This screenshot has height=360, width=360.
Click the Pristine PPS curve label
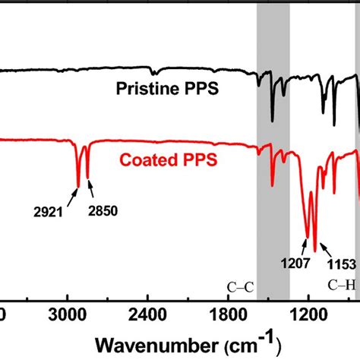click(167, 90)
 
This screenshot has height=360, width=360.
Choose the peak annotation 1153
click(343, 264)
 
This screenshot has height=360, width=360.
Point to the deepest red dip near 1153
click(315, 251)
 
